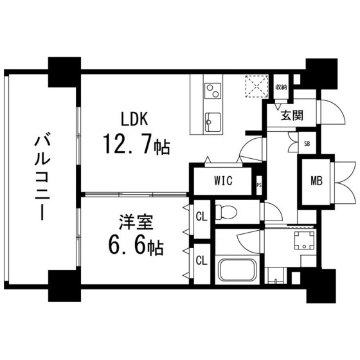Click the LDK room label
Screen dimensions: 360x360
coord(136,119)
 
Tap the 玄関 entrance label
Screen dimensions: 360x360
coord(292,116)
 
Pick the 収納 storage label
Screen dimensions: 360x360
coord(281,87)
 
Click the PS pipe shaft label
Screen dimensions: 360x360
coord(259,186)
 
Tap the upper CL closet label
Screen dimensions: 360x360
coord(201,215)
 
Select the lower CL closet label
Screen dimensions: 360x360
coord(201,260)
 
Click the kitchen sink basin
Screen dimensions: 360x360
coord(212,120)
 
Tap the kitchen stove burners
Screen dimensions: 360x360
coord(212,91)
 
